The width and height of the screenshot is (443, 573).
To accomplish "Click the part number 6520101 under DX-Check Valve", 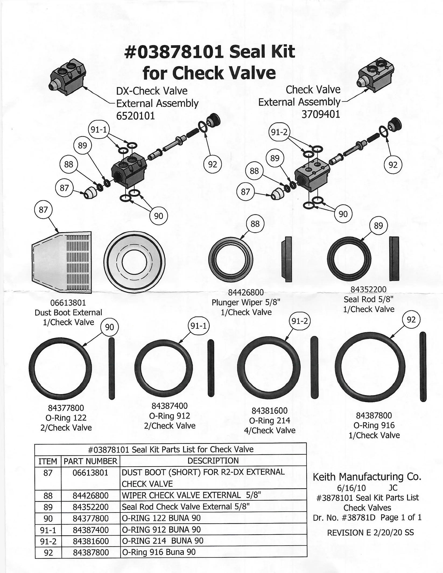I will (x=135, y=116).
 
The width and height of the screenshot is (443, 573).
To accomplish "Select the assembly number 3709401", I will (x=321, y=114).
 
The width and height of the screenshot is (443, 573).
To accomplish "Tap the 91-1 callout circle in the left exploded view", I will (x=99, y=130).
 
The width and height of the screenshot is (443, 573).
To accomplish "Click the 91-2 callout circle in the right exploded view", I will (x=279, y=132).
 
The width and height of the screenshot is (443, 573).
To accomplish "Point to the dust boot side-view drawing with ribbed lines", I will (x=62, y=262).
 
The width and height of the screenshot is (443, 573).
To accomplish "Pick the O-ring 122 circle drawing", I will (x=58, y=368).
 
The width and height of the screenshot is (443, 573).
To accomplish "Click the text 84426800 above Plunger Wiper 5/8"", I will (x=246, y=292).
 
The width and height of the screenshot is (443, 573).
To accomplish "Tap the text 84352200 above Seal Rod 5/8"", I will (x=368, y=289).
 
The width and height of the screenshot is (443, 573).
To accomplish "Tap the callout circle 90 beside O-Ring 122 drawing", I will (x=109, y=327).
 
